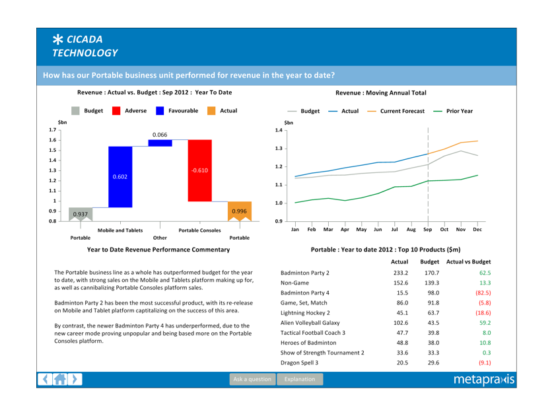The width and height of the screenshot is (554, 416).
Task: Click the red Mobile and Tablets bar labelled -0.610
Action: [x=200, y=170]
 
